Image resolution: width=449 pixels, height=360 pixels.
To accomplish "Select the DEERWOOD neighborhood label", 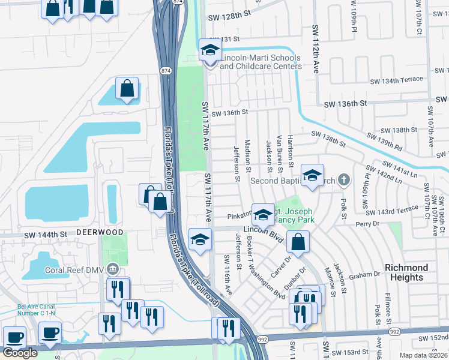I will tap(100, 232).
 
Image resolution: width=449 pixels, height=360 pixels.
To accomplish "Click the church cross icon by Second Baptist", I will tap(343, 179).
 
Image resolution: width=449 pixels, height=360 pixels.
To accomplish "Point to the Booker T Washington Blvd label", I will tap(264, 267).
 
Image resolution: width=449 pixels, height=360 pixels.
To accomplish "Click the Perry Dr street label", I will tap(368, 224).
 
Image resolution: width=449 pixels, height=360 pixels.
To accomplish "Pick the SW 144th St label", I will tap(45, 235).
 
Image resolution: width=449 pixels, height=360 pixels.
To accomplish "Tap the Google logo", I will tap(20, 353).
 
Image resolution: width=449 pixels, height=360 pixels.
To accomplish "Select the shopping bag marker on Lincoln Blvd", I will tap(298, 242).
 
